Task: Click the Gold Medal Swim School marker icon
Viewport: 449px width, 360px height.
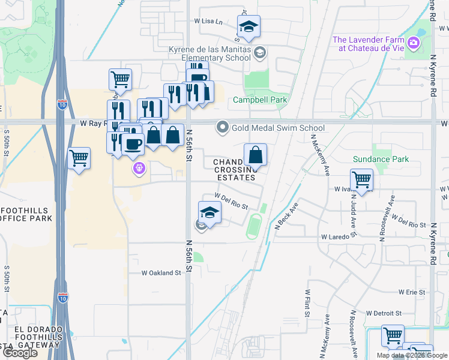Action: point(223,127)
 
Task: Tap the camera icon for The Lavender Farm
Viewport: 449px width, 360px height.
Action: point(413,43)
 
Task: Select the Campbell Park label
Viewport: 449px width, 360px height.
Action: point(260,100)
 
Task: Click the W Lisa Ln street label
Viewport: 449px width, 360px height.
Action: point(208,21)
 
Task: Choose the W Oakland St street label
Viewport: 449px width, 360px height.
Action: point(161,272)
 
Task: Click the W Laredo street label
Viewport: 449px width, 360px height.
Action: point(335,237)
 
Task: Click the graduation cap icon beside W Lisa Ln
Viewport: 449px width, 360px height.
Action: point(249,26)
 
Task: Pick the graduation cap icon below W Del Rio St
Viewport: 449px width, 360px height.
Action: point(209,212)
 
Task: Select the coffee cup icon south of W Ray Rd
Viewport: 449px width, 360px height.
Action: point(133,144)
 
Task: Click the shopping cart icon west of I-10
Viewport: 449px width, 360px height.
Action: point(79,158)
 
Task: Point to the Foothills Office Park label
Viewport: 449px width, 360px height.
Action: point(26,214)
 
